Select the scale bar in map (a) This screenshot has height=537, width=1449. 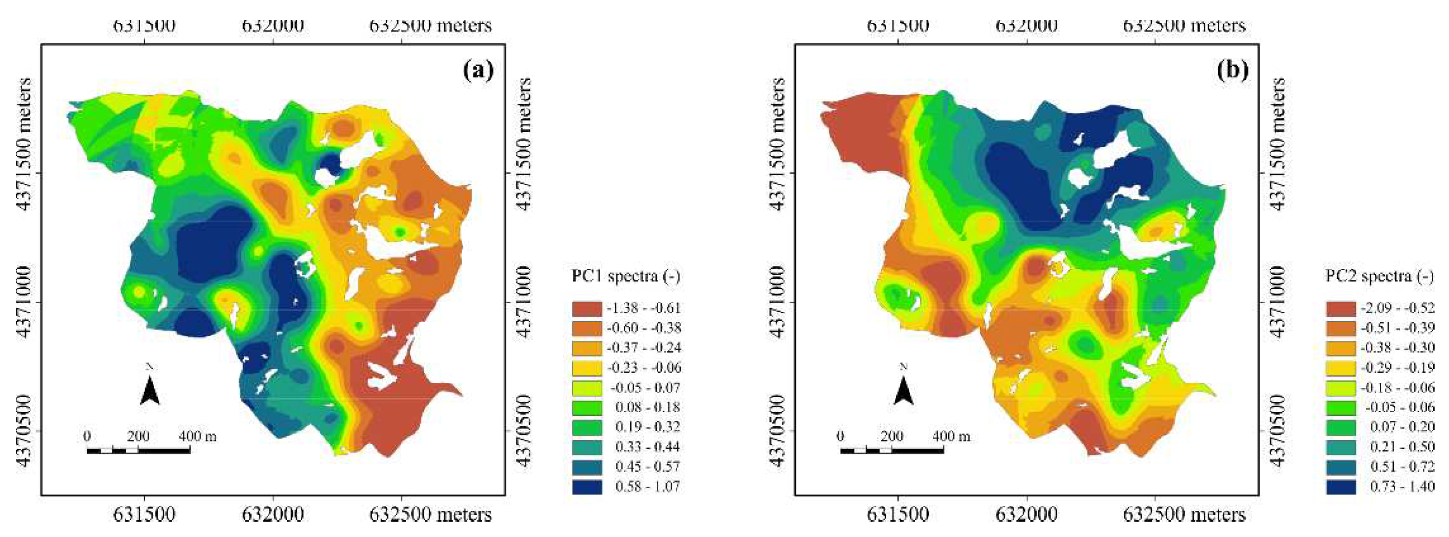[138, 450]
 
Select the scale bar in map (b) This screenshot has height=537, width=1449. [892, 450]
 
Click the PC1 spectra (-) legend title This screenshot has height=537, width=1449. [626, 276]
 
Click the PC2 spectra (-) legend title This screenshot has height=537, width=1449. [1380, 276]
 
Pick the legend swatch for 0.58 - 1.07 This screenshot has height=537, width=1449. [587, 486]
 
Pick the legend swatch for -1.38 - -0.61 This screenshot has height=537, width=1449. [587, 308]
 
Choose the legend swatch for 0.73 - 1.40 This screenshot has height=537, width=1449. [1341, 486]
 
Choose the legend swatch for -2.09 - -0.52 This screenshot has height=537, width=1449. [1341, 308]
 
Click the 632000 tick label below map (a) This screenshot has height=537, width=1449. [273, 514]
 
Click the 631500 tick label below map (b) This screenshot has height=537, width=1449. [898, 514]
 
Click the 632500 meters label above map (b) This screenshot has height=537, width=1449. [1184, 26]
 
